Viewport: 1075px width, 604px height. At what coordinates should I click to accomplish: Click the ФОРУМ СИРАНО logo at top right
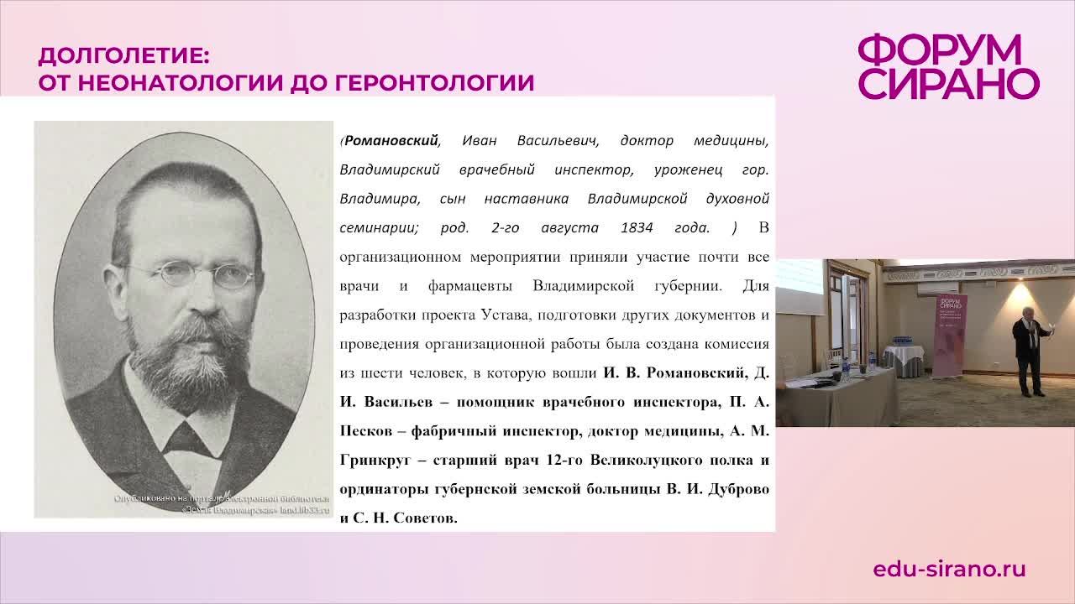coord(948,67)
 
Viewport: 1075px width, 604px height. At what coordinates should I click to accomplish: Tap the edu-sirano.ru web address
coord(949,569)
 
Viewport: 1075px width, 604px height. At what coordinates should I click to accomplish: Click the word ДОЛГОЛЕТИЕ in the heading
coord(123,57)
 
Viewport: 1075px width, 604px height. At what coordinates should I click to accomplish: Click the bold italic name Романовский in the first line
coord(391,140)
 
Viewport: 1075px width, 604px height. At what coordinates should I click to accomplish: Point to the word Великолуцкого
coord(652,461)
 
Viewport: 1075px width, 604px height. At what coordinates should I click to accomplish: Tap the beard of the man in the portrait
coord(189,361)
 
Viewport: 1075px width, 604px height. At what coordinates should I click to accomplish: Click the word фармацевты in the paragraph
coord(470,286)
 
